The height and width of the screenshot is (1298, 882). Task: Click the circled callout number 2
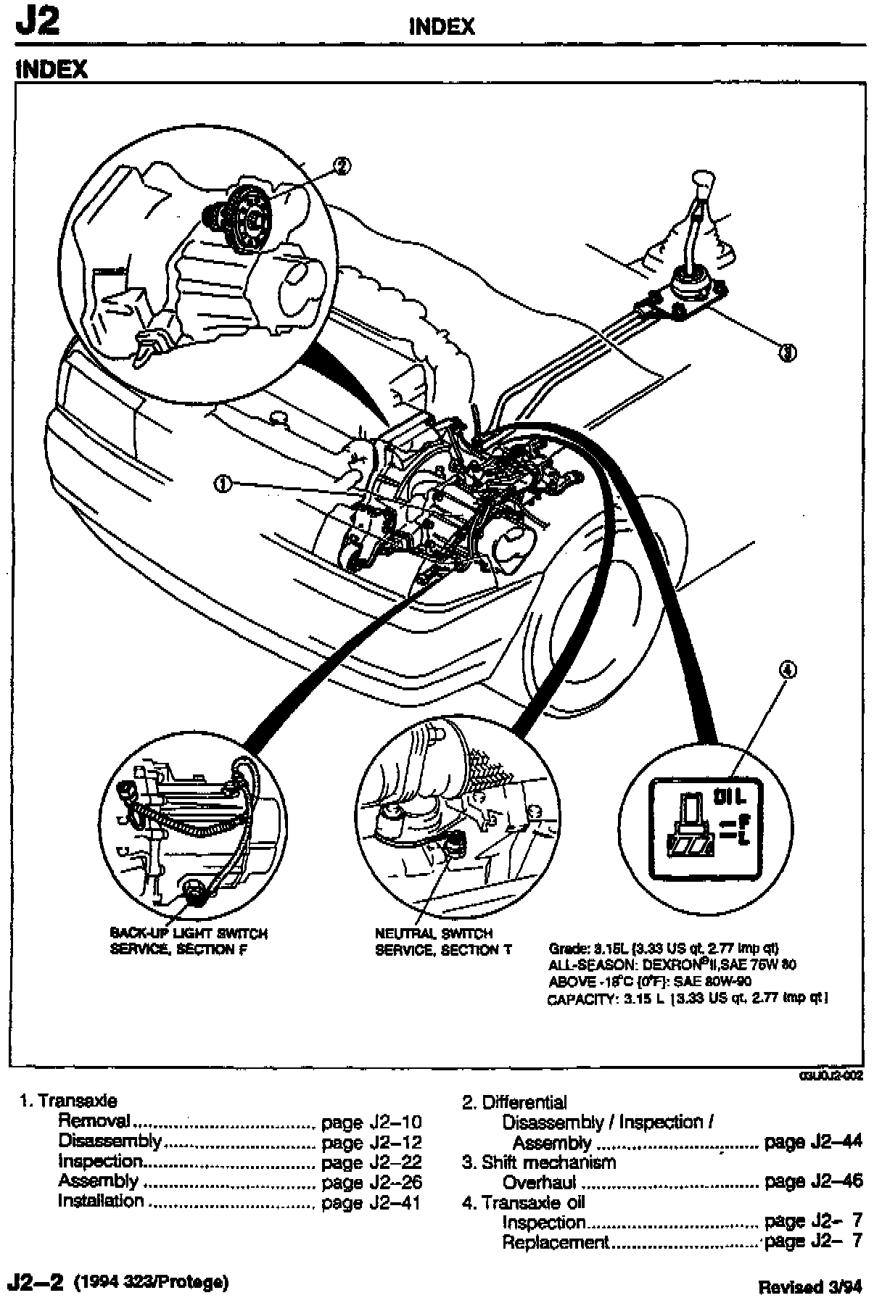(342, 166)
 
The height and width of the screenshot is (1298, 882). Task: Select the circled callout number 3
(787, 352)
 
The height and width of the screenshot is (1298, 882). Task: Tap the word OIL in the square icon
(730, 797)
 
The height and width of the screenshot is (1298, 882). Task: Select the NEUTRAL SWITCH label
(434, 934)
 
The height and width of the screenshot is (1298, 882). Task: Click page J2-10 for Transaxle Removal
(371, 1123)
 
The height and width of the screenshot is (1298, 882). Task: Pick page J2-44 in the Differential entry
(813, 1142)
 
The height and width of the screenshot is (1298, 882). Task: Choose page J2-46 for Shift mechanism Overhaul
(813, 1181)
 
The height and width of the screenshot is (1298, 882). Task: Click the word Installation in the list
(101, 1201)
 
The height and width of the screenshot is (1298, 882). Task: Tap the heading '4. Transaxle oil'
(524, 1202)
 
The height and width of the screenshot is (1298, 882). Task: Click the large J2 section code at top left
(36, 23)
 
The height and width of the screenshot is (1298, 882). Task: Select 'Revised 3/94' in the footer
(810, 1287)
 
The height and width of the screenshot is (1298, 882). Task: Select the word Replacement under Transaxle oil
(556, 1242)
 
